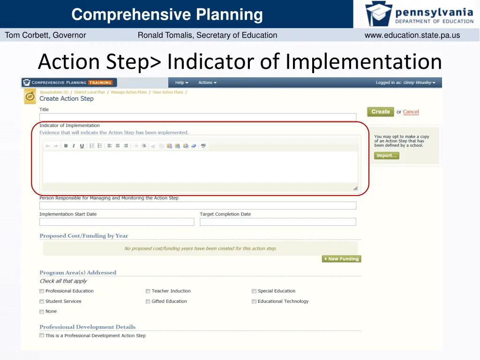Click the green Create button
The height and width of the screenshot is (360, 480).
tap(380, 112)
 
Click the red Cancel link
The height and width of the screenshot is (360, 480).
tap(411, 112)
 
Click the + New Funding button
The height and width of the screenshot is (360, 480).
tap(341, 259)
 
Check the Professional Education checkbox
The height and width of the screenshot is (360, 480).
tap(42, 291)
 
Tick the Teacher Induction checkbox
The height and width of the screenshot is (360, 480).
tap(148, 291)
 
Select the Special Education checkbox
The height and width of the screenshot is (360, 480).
tap(254, 291)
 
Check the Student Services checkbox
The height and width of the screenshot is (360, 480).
tap(42, 301)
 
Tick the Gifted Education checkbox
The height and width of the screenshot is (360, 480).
tap(148, 301)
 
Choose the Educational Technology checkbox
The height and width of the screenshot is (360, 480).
tap(254, 301)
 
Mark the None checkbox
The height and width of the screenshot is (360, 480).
tap(42, 312)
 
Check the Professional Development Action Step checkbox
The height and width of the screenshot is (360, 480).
tap(42, 336)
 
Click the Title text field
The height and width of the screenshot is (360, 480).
tap(197, 117)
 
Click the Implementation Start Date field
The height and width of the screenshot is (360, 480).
tap(116, 222)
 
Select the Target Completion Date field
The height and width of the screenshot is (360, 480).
tap(277, 222)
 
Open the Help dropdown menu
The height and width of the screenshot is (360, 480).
tap(181, 83)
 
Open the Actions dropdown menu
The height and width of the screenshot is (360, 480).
tap(207, 83)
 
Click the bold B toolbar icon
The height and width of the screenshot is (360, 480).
tap(66, 146)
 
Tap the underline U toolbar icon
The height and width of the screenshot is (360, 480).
tap(82, 146)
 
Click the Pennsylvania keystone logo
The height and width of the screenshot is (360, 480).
tap(379, 14)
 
